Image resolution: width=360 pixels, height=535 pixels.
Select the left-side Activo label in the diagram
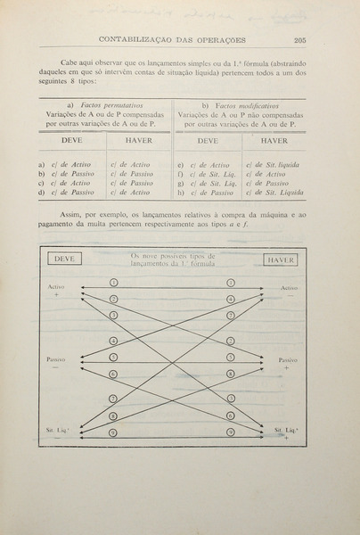58,286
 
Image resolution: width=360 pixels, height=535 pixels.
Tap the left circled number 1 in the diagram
113,282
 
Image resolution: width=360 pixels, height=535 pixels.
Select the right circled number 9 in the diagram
231,432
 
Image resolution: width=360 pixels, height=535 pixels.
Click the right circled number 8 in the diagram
231,374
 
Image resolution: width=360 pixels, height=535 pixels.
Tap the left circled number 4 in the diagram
113,341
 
